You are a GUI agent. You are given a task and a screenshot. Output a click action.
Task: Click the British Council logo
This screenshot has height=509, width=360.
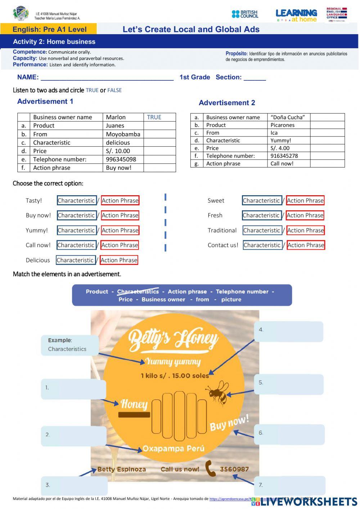(245, 14)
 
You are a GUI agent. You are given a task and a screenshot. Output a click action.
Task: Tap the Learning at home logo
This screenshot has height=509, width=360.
(296, 15)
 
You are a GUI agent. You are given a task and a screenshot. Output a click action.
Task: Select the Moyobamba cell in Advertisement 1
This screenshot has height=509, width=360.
(123, 134)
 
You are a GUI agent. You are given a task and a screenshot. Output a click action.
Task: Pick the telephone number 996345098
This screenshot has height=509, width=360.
(121, 159)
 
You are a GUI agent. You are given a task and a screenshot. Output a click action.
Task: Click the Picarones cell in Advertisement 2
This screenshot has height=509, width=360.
(283, 125)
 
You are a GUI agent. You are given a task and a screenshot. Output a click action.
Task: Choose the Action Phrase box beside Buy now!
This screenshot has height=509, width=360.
(120, 215)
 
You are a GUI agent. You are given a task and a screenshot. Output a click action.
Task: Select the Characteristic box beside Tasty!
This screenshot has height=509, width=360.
(76, 201)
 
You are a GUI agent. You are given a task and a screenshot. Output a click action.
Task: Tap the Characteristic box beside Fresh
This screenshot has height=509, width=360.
(261, 215)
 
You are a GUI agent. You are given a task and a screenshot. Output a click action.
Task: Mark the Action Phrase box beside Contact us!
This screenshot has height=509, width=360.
(306, 245)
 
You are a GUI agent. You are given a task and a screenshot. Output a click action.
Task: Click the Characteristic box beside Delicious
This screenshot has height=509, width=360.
(75, 260)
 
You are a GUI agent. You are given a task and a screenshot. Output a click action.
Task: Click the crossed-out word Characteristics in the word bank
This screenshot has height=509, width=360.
(138, 291)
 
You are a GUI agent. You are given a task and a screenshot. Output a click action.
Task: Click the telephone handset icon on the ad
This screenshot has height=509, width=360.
(210, 468)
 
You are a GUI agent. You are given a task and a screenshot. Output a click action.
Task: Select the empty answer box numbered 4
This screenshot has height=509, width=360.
(289, 331)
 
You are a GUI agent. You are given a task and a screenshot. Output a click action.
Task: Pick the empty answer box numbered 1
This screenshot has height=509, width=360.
(73, 389)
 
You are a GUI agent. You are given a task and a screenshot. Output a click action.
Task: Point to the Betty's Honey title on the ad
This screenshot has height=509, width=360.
(173, 339)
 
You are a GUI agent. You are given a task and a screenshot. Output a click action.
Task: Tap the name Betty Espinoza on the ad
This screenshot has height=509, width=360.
(122, 469)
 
